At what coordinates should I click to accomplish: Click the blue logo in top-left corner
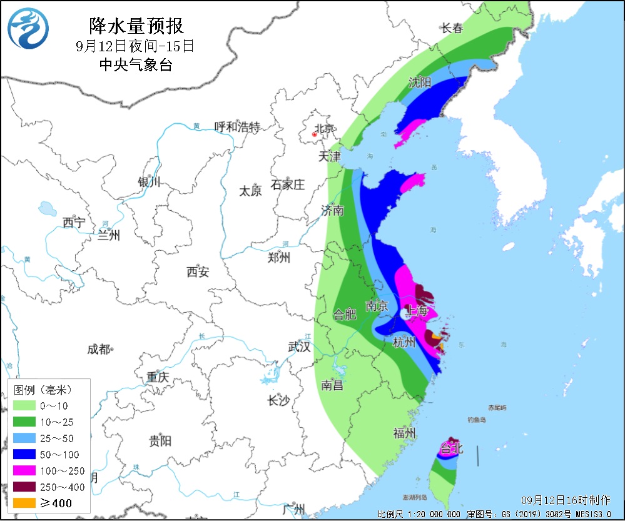(x=29, y=29)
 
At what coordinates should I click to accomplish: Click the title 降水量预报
(x=136, y=26)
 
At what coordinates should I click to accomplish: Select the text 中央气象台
(x=136, y=64)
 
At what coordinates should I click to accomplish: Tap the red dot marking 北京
(x=313, y=133)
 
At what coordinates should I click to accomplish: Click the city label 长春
(x=452, y=28)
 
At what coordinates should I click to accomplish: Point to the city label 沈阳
(x=420, y=83)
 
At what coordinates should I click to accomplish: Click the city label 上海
(x=418, y=311)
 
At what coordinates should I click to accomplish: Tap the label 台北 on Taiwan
(x=451, y=448)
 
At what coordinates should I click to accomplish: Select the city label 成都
(x=98, y=350)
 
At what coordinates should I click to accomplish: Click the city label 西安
(x=198, y=271)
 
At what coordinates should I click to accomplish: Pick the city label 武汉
(x=299, y=346)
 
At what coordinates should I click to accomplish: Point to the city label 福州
(x=405, y=433)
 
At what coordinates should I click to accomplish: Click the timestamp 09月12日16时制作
(x=566, y=500)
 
